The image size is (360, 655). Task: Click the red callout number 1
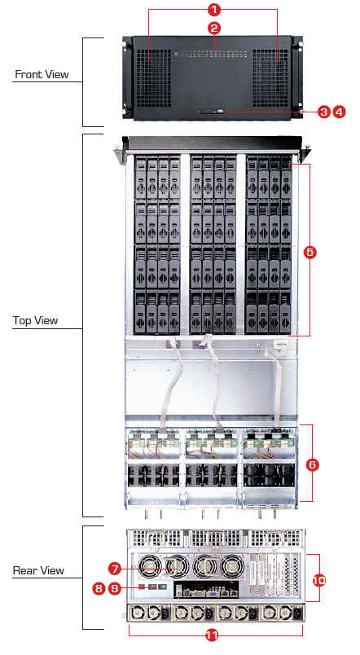click(214, 9)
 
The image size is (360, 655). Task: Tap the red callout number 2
click(214, 29)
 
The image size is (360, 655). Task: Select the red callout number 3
click(323, 112)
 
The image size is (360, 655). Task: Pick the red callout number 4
click(340, 112)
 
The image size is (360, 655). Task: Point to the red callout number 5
click(310, 253)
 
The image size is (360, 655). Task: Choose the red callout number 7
click(115, 568)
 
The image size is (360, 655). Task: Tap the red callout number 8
click(99, 588)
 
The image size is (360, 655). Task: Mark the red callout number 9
click(115, 588)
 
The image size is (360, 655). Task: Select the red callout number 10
click(319, 581)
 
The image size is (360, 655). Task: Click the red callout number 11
click(213, 635)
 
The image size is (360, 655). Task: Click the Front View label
click(42, 74)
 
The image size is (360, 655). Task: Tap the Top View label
click(35, 320)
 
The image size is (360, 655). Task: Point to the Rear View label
click(38, 570)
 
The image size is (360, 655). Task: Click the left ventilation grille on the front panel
click(154, 78)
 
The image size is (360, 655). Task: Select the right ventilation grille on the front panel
click(270, 78)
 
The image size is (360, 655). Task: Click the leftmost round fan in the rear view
click(150, 569)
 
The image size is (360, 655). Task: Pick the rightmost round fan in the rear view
click(232, 569)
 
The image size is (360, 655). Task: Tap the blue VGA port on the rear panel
click(212, 591)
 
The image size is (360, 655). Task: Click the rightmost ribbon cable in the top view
click(275, 385)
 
